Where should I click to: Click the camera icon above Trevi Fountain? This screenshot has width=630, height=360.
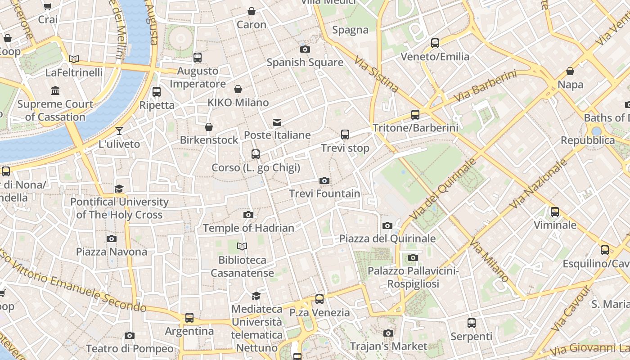tap(324, 181)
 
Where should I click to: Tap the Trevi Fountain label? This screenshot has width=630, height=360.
tap(324, 194)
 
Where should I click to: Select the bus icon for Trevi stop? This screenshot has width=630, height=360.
tap(345, 135)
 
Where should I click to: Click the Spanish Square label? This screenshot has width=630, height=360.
tap(305, 63)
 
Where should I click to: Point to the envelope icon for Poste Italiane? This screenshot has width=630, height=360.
tap(277, 122)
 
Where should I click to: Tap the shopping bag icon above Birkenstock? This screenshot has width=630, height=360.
tap(209, 127)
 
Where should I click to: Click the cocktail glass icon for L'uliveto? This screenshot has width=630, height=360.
tap(119, 131)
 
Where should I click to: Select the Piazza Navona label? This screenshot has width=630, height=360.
tap(112, 252)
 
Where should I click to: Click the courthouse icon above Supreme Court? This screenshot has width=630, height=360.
tap(55, 91)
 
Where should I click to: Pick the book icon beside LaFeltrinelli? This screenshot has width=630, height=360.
tap(74, 59)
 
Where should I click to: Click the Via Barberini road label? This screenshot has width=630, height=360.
tap(485, 86)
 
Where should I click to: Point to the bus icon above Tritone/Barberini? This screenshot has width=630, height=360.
tap(415, 115)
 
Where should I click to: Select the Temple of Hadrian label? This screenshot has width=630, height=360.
tap(248, 228)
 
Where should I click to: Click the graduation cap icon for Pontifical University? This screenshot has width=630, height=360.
tap(119, 189)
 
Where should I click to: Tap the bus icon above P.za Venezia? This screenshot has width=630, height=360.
tap(319, 299)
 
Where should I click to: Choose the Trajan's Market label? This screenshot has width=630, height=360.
tap(388, 346)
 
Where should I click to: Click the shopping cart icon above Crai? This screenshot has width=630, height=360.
tap(48, 7)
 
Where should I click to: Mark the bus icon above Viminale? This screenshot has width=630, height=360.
tap(555, 212)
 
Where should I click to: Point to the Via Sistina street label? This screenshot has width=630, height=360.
tap(376, 74)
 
